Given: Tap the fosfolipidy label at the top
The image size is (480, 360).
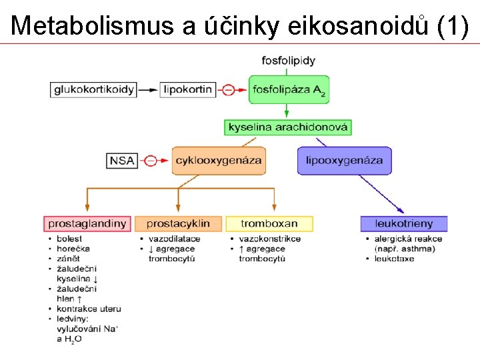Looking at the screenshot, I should (x=288, y=61).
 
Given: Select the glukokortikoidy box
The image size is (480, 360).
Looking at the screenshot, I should (x=95, y=89).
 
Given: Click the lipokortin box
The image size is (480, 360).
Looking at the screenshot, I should (x=187, y=89).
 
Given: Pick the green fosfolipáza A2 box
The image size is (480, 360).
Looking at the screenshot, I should (x=288, y=89).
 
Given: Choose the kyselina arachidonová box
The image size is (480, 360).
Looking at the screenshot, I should (x=288, y=127).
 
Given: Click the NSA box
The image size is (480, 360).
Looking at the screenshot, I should (x=122, y=161).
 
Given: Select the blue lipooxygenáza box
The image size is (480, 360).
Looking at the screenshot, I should (x=344, y=161).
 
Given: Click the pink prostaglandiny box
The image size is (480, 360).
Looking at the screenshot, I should (x=87, y=223).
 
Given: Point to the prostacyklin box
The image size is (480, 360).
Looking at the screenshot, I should (x=178, y=223).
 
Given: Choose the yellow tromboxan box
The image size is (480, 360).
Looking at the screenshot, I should (x=269, y=223).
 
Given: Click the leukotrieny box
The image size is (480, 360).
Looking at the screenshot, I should (x=404, y=223).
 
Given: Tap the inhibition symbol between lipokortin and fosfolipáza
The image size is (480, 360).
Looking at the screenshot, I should (x=229, y=89).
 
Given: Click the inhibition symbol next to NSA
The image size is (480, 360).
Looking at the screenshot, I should (x=151, y=161).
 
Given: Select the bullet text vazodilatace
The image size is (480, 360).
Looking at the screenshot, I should (x=175, y=239).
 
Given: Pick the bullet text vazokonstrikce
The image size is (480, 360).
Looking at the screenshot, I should (x=270, y=239).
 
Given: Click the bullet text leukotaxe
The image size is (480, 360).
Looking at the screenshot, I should (x=395, y=259).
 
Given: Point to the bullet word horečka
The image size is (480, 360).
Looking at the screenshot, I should (x=73, y=249).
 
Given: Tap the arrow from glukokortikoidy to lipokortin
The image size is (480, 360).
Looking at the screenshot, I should (x=149, y=89).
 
